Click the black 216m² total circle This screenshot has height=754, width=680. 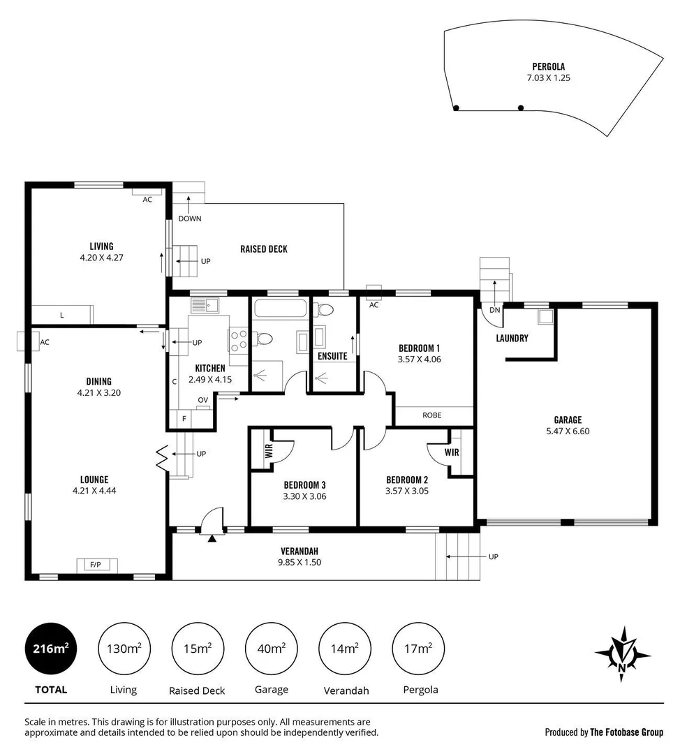coord(51,649)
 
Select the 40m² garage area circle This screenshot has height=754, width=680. coord(272,649)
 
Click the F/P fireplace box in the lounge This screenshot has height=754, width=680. coord(95,564)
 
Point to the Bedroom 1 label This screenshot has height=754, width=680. coord(419,348)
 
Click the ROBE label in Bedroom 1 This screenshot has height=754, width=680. coord(432,415)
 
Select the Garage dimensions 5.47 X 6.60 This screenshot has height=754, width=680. coord(568,431)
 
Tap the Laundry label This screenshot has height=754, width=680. coord(512,339)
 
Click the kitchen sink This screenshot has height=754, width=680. coord(205,304)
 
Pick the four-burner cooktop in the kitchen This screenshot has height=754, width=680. coord(237,339)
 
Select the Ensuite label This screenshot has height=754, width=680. coord(332,356)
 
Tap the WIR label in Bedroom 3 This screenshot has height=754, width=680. coord(268,450)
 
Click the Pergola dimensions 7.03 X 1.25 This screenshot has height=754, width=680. coord(548,78)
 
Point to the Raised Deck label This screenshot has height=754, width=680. coord(263,249)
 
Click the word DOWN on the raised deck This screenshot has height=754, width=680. coord(189,219)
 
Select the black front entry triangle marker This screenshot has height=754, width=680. coord(212,537)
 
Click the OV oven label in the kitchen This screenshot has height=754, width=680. coord(202,400)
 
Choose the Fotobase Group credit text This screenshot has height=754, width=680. coord(604,732)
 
